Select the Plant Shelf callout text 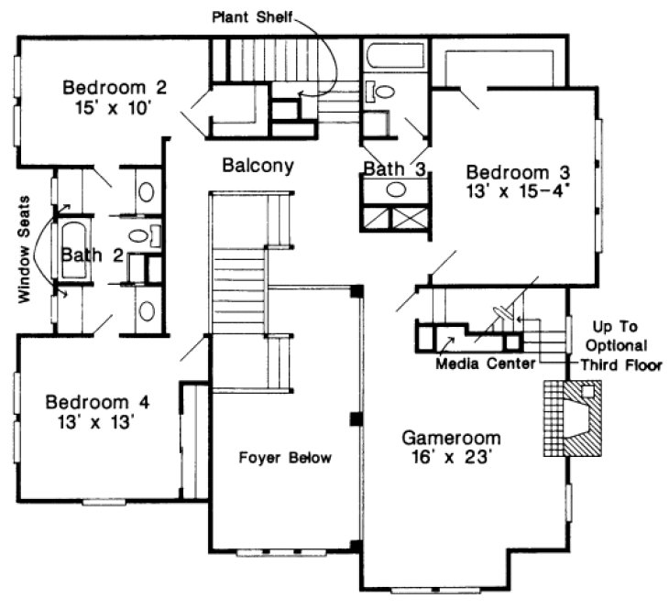pyautogui.click(x=252, y=16)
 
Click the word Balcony pyautogui.click(x=258, y=166)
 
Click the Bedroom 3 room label pyautogui.click(x=519, y=172)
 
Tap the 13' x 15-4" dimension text pyautogui.click(x=519, y=191)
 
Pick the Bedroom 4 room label pyautogui.click(x=98, y=402)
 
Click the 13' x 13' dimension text pyautogui.click(x=97, y=422)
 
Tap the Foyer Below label pyautogui.click(x=285, y=458)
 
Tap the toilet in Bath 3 pyautogui.click(x=381, y=92)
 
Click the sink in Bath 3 pyautogui.click(x=396, y=190)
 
